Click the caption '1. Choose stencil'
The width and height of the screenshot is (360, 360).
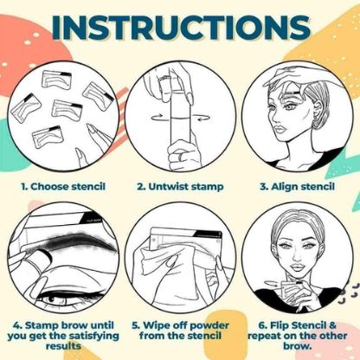click(x=60, y=184)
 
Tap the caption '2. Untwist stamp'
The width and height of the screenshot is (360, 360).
click(x=179, y=184)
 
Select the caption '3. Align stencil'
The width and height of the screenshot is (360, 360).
click(x=299, y=184)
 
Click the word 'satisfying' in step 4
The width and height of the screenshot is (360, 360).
click(x=84, y=341)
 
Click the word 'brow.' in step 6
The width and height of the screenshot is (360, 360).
click(x=299, y=354)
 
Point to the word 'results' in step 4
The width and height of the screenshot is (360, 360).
click(x=61, y=354)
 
